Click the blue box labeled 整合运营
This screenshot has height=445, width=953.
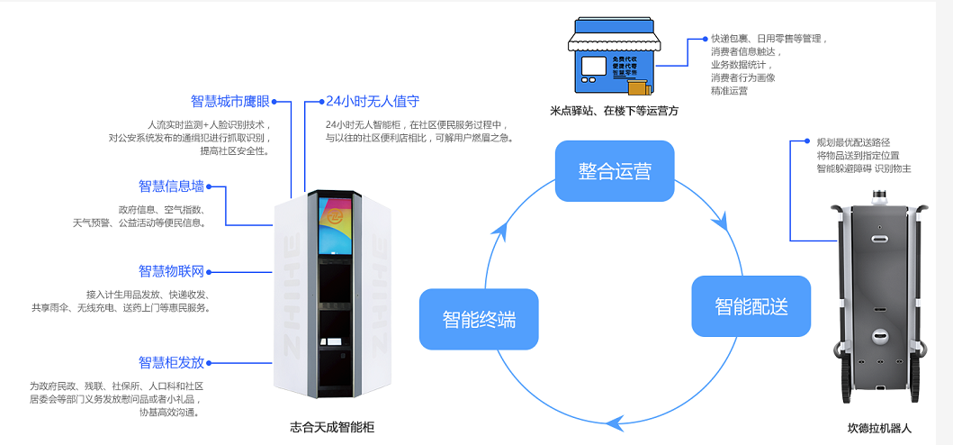[x=615, y=171]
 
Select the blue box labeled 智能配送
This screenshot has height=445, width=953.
[x=751, y=306]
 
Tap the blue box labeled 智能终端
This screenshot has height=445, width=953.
[x=479, y=319]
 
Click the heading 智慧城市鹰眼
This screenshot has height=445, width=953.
[x=229, y=101]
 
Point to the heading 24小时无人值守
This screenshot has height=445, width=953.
[x=373, y=101]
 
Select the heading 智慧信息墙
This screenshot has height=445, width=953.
[x=171, y=186]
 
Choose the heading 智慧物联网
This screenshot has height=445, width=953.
[x=171, y=271]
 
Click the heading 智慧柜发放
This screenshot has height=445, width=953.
[x=171, y=362]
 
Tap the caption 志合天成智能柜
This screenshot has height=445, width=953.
[x=332, y=428]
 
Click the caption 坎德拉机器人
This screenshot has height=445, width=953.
[x=879, y=428]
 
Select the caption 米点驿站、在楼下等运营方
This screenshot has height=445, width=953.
[x=614, y=111]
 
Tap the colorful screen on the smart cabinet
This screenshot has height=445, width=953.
[x=334, y=221]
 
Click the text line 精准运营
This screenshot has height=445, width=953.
[x=729, y=91]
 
